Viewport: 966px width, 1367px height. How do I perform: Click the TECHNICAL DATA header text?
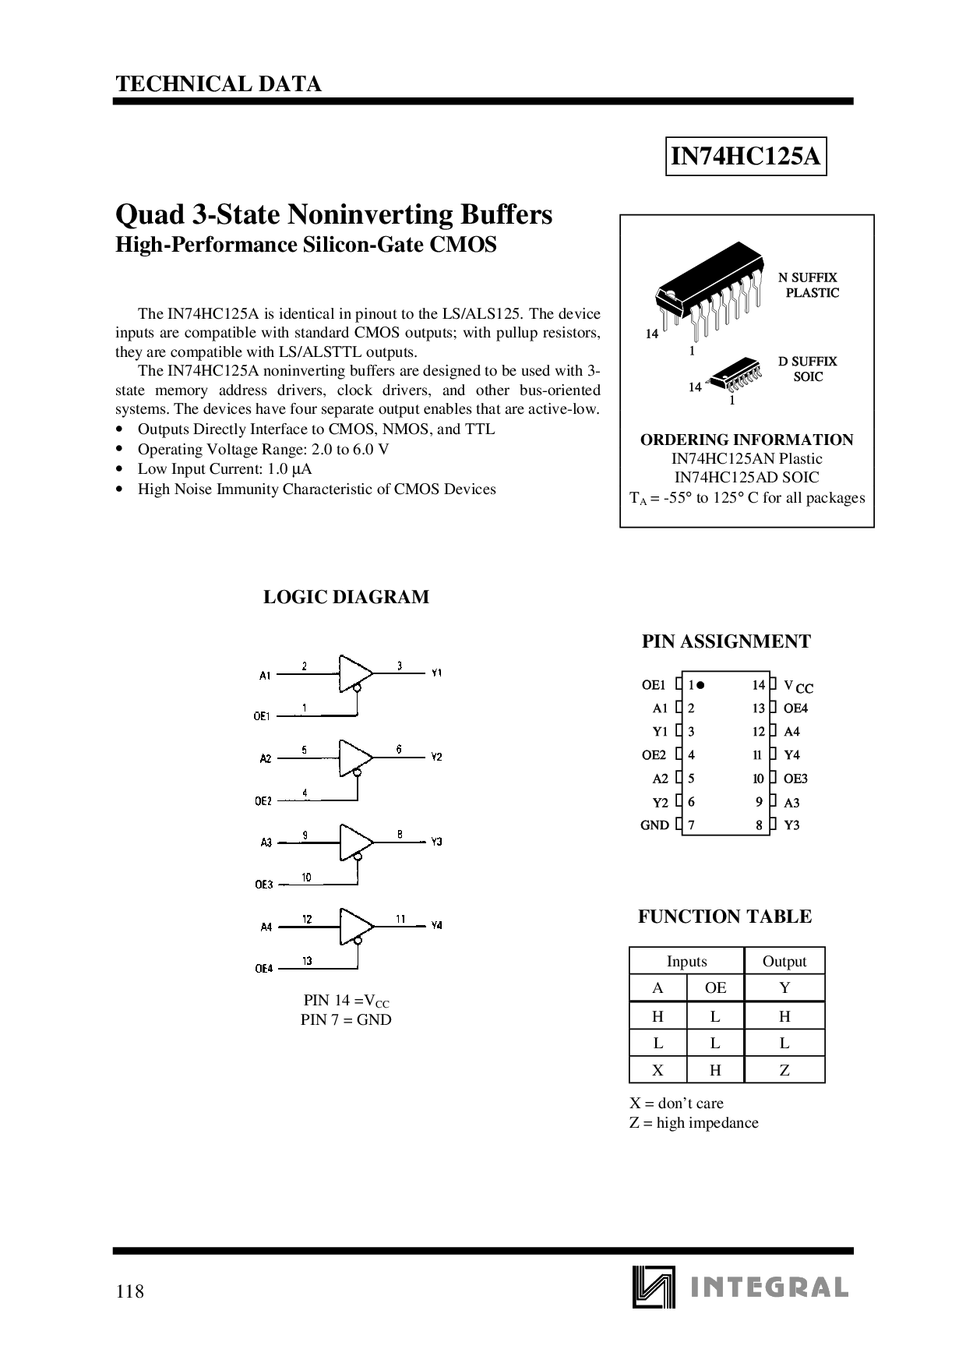coord(219,84)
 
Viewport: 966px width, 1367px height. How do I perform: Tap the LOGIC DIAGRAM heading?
coord(346,597)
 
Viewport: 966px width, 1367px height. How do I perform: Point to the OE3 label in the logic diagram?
coord(263,885)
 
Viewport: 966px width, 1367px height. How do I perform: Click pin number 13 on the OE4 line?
coord(308,961)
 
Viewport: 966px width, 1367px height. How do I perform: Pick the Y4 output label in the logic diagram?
coord(436,925)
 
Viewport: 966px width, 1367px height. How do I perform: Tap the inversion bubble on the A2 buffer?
coord(357,773)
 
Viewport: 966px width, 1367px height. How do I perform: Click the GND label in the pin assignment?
coord(654,825)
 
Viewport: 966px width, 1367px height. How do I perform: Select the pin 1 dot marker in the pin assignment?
coord(700,685)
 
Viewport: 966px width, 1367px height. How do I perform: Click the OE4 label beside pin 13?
coord(795,708)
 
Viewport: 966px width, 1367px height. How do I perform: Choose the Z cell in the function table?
coord(784,1070)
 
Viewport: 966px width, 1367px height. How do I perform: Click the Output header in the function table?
coord(784,961)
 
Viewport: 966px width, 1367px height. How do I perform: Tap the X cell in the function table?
coord(658,1070)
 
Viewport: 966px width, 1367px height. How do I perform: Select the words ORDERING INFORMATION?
coord(746,440)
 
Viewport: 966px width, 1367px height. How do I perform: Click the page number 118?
coord(129,1291)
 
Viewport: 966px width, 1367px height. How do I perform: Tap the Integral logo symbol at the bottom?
coord(651,1286)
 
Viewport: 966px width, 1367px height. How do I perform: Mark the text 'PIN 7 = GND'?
coord(346,1019)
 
